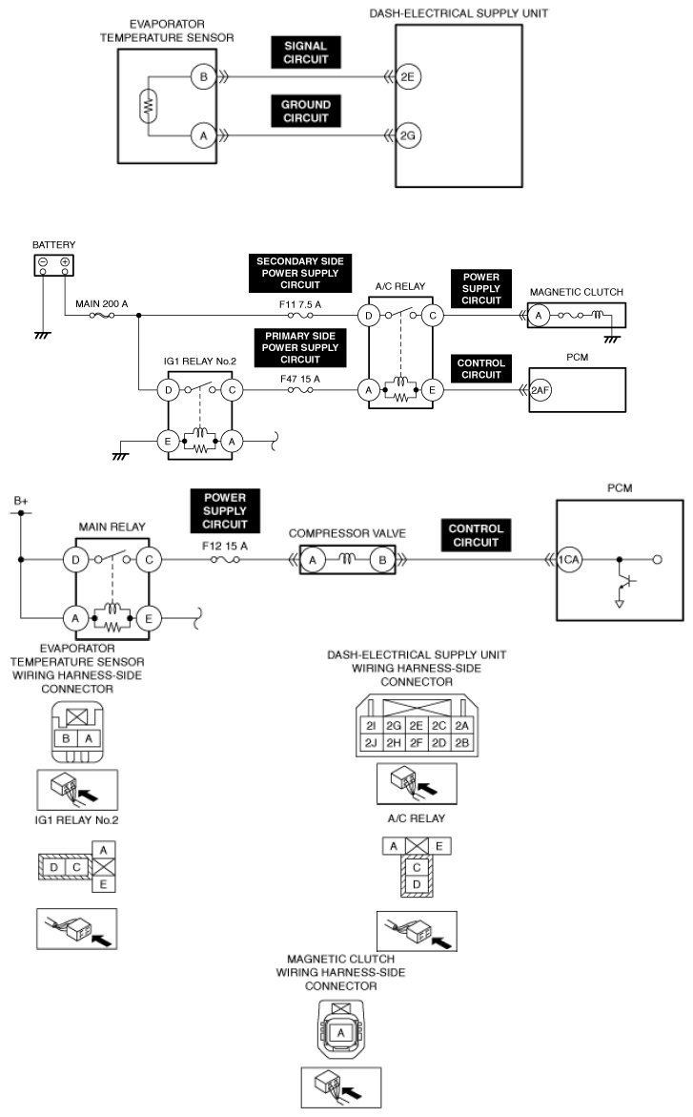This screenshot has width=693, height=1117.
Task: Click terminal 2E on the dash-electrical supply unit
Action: (407, 77)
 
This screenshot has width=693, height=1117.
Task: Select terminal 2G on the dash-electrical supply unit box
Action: (407, 135)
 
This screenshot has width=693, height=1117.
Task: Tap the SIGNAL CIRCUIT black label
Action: (306, 52)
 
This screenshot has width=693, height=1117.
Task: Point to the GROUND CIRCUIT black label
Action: (306, 112)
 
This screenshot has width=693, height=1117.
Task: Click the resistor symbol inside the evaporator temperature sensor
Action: (148, 106)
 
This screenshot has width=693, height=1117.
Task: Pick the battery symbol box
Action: (54, 265)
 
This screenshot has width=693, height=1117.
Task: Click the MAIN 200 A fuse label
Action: (102, 304)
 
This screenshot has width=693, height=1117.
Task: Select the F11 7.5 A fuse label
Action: (300, 304)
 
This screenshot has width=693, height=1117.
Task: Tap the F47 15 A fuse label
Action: (300, 379)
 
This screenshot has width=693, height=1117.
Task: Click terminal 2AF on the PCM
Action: (540, 390)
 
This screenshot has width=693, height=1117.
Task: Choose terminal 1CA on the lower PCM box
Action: (568, 560)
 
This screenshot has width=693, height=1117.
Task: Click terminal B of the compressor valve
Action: (382, 560)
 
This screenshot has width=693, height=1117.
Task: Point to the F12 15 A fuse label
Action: (226, 547)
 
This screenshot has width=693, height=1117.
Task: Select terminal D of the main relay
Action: (75, 560)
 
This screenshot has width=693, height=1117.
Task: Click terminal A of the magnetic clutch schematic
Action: (540, 316)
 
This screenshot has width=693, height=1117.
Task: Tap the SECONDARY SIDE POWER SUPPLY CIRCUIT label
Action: (300, 273)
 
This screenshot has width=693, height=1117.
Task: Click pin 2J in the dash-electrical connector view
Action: (371, 742)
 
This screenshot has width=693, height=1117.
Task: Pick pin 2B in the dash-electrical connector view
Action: (462, 742)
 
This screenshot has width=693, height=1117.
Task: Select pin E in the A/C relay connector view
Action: (438, 846)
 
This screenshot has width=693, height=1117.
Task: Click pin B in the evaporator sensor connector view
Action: (66, 738)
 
